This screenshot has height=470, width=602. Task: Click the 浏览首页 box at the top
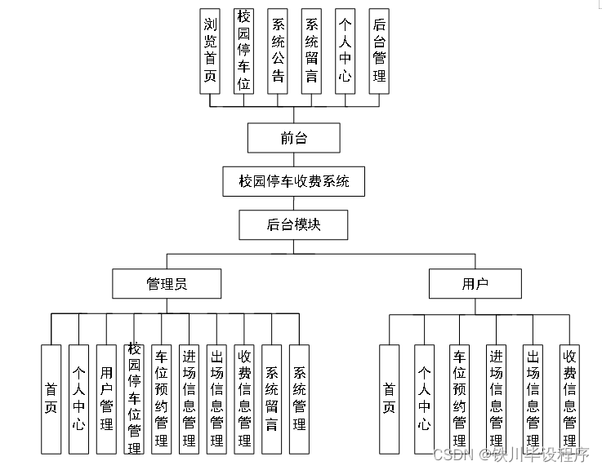pos(211,51)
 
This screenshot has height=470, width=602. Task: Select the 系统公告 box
pos(278,51)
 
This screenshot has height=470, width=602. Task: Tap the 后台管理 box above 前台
pos(378,51)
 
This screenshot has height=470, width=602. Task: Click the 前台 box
pos(293,138)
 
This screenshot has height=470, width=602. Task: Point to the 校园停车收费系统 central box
pos(294,181)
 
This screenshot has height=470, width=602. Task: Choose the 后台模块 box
pos(293,224)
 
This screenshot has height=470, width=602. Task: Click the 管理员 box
pos(167,284)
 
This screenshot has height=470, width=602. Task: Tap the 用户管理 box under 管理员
pos(106,398)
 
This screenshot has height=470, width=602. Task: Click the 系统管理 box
pos(299,398)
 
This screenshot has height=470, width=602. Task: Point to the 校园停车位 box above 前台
pos(244,51)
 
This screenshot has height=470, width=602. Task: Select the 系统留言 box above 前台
pos(311,51)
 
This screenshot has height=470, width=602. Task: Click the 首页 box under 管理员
pos(51,398)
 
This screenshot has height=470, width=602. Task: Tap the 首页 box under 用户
pos(390,398)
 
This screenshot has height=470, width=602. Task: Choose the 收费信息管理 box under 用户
pos(569,398)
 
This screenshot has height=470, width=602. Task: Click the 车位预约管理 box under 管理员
pos(162,398)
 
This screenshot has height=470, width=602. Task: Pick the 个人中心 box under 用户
pos(425,398)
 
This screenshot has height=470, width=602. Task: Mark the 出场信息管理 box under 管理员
pos(216,398)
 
